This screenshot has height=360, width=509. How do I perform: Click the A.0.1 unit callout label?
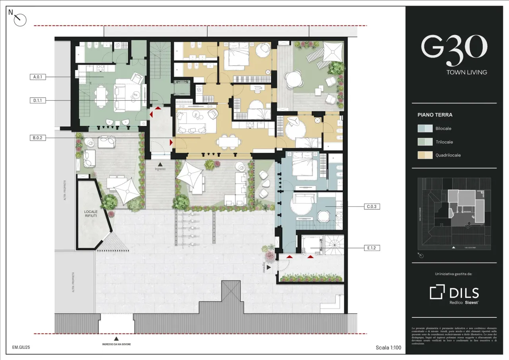[x=38, y=77]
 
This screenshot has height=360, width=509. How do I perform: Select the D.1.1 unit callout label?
[x=38, y=101]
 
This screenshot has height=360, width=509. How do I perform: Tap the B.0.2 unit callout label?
[x=38, y=138]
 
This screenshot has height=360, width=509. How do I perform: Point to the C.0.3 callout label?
[x=372, y=206]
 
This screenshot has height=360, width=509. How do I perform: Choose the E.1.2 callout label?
[x=372, y=248]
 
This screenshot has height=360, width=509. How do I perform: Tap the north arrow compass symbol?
[x=19, y=19]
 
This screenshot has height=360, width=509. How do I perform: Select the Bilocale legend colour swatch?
[x=425, y=128]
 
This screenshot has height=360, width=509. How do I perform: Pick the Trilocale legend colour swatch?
[x=425, y=142]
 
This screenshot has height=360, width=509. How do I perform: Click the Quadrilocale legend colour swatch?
[x=425, y=155]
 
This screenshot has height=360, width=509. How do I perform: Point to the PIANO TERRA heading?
[x=435, y=115]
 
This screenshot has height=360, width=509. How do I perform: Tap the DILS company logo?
[x=454, y=293]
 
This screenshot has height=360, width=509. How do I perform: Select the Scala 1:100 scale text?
[x=388, y=348]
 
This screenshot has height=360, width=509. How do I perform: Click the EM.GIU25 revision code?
[x=21, y=347]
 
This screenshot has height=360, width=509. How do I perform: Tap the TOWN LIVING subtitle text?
[x=466, y=72]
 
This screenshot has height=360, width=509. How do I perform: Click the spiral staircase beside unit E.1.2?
[x=334, y=244]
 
